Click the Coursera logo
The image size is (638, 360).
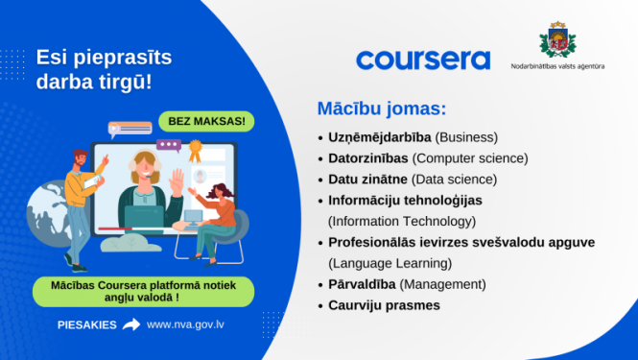423,60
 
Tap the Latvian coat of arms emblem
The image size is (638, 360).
556,42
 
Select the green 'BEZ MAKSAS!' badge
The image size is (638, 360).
207,122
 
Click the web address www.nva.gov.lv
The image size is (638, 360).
186,324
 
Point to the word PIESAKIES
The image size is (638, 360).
85,324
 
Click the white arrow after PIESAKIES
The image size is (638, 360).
131,324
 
